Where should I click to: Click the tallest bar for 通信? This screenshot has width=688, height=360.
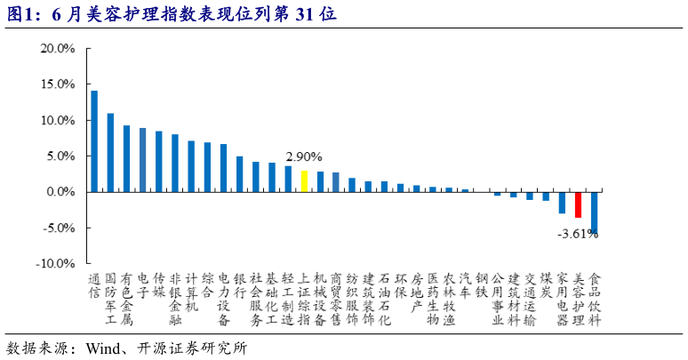[x=94, y=141]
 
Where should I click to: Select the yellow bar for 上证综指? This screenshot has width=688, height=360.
[x=304, y=181]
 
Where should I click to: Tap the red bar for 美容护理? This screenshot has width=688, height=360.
[x=578, y=204]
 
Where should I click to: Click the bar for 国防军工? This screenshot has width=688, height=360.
[x=110, y=152]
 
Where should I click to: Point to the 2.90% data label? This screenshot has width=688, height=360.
[x=304, y=156]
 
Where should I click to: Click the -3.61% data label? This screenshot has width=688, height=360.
[x=578, y=234]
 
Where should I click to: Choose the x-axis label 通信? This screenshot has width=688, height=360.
[x=94, y=284]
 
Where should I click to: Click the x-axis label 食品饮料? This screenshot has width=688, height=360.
[x=595, y=298]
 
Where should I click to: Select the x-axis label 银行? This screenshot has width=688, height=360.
[x=239, y=284]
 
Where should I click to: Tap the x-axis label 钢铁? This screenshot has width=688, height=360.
[x=481, y=284]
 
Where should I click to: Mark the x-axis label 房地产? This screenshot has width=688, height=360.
[x=416, y=291]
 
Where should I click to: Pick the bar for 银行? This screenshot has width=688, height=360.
[x=239, y=174]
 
